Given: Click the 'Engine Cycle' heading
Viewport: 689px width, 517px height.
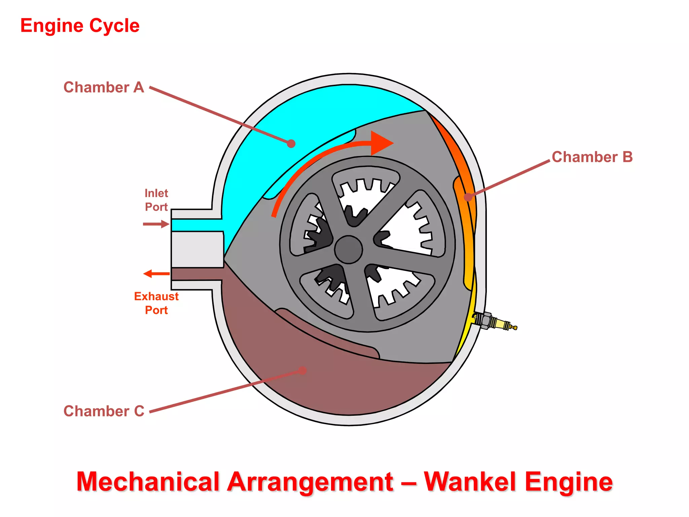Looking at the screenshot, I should point(80,26).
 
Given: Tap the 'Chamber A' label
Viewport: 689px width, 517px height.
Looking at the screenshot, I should point(104,88).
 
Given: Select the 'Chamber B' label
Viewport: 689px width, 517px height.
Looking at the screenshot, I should point(592,157).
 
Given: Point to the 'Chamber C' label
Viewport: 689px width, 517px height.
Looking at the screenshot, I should point(104,411).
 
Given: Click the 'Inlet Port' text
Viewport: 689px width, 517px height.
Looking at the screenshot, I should point(156,200).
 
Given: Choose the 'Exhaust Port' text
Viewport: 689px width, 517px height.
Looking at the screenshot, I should point(156,303).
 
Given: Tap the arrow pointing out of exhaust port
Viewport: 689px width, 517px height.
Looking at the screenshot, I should point(156,274).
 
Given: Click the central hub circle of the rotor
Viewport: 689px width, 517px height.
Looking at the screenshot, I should point(349,249).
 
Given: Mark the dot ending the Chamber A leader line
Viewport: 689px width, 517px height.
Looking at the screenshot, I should point(291,144).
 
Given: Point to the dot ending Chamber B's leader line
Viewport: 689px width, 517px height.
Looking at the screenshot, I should point(468,197).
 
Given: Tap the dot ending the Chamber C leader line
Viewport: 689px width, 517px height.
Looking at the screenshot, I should point(302,371).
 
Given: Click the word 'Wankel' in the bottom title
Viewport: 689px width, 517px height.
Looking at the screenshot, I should point(471,482).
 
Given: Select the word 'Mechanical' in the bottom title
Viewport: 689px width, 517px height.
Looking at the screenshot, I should point(148,482).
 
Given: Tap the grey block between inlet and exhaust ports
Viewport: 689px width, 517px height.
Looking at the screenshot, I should point(197,249).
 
